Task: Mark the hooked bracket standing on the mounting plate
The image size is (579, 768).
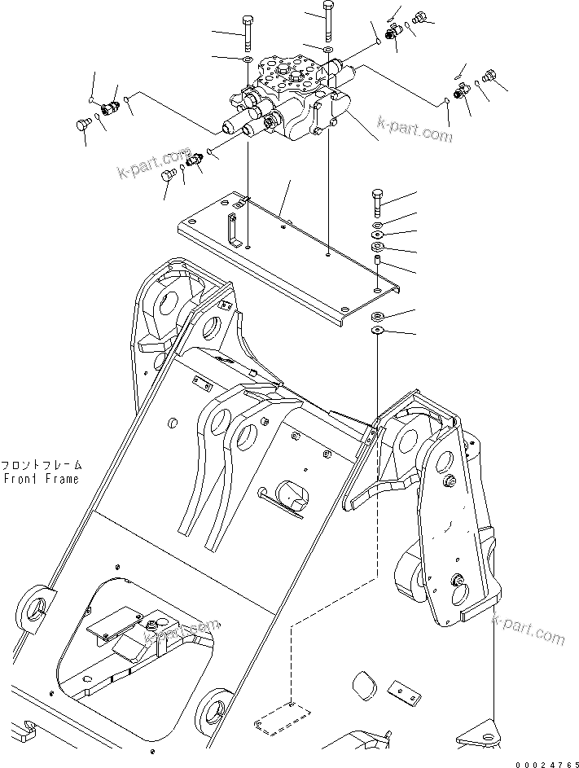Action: pyautogui.click(x=233, y=233)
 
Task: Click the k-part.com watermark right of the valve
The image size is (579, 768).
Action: pyautogui.click(x=415, y=127)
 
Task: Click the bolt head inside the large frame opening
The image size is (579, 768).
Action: pyautogui.click(x=152, y=623)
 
